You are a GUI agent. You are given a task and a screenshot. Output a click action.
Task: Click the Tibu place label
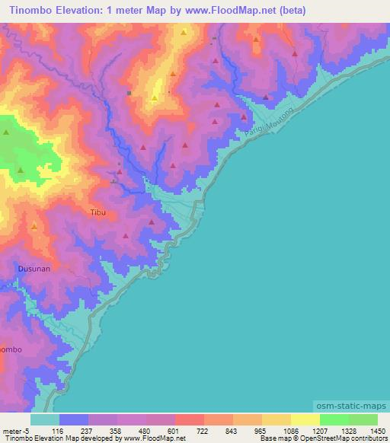point(96,213)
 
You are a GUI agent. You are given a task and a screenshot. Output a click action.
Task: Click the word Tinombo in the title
point(30,10)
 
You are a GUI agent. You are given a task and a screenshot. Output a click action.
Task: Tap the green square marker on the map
point(129,93)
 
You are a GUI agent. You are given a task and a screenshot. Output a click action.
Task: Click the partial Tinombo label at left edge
point(11,349)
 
